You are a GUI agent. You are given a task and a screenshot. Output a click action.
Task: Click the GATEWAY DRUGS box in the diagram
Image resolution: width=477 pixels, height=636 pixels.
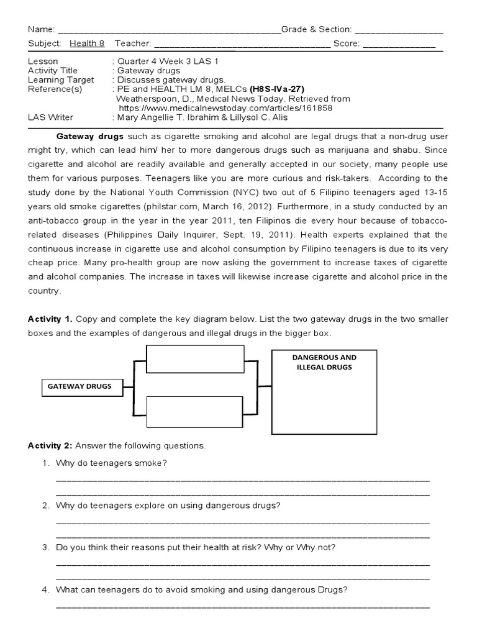coord(79,386)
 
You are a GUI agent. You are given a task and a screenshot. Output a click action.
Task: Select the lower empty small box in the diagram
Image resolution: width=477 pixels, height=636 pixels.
coord(194,413)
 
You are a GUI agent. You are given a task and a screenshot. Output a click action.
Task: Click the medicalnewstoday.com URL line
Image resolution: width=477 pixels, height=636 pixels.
coord(229,107)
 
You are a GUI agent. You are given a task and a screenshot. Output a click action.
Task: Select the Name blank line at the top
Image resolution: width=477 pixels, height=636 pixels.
coord(168,30)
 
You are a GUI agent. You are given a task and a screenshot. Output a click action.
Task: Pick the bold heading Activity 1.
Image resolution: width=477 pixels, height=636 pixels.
coord(50,319)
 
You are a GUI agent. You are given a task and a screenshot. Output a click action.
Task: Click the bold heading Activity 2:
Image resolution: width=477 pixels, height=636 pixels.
coord(51,446)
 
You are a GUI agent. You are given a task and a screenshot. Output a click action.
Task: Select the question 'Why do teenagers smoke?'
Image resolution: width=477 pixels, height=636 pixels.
coord(112,463)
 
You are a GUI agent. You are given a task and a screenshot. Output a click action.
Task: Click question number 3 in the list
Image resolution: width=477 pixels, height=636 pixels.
coord(45,547)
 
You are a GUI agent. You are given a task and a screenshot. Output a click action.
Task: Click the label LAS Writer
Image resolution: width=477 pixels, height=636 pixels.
coord(51,117)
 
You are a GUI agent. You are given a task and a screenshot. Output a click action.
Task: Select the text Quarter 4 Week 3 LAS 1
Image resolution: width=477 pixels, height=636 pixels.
coord(168,61)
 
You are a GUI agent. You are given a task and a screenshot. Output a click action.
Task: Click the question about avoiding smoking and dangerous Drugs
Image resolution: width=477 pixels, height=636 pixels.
coord(201,589)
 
